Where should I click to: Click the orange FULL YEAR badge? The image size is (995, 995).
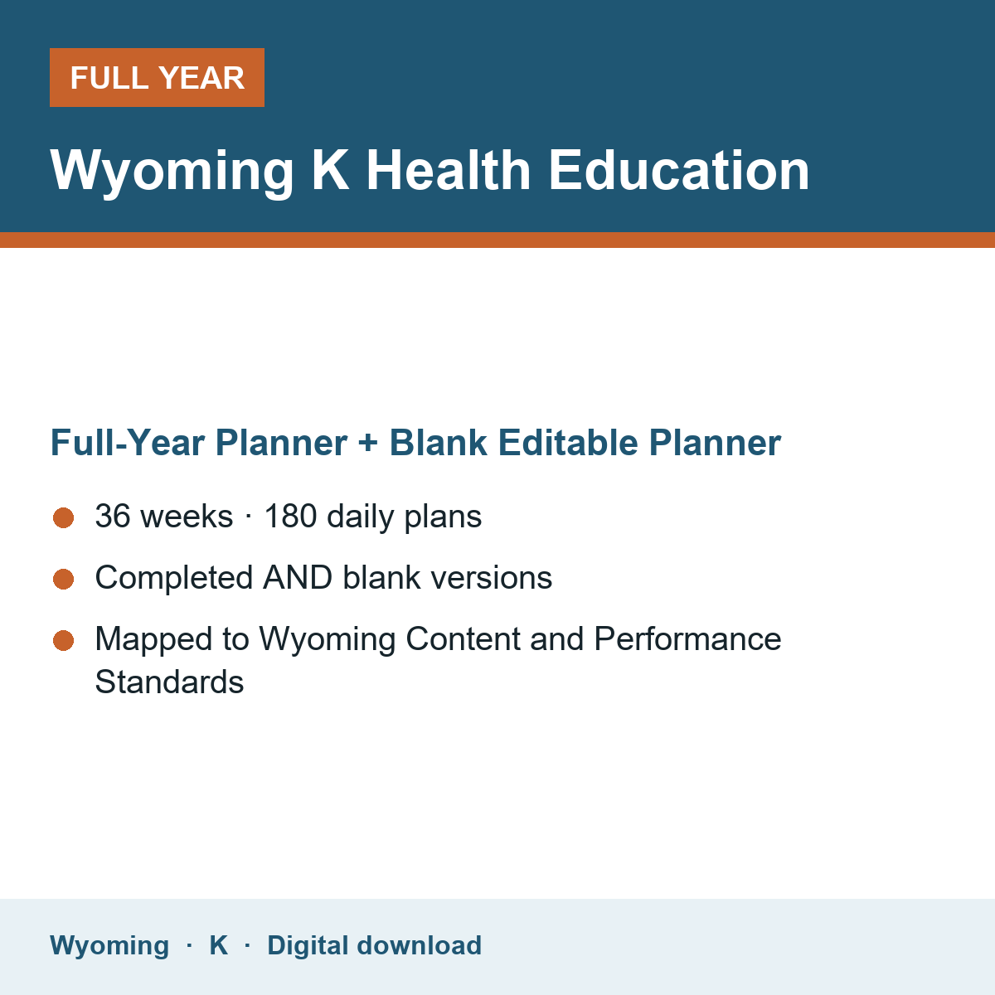pyautogui.click(x=157, y=77)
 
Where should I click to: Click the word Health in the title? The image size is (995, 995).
pyautogui.click(x=449, y=171)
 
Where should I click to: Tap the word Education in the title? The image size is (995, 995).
pyautogui.click(x=678, y=171)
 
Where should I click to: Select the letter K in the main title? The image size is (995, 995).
pyautogui.click(x=330, y=171)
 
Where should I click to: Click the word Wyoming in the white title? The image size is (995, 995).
pyautogui.click(x=172, y=172)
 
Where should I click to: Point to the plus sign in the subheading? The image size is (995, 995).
pyautogui.click(x=368, y=444)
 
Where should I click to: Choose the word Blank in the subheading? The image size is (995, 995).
pyautogui.click(x=438, y=443)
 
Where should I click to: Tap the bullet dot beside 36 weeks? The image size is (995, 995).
pyautogui.click(x=64, y=518)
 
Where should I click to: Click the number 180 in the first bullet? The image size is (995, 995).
pyautogui.click(x=290, y=516)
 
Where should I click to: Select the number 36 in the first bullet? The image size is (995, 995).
pyautogui.click(x=113, y=516)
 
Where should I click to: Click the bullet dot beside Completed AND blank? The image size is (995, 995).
pyautogui.click(x=64, y=579)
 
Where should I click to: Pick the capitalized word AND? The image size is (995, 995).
pyautogui.click(x=298, y=577)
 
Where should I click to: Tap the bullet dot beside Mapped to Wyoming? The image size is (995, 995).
pyautogui.click(x=64, y=641)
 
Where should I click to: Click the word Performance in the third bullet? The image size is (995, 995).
pyautogui.click(x=687, y=638)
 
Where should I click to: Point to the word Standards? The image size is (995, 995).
pyautogui.click(x=169, y=682)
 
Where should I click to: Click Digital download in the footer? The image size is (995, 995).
pyautogui.click(x=374, y=945)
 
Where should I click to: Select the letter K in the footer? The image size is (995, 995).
pyautogui.click(x=218, y=945)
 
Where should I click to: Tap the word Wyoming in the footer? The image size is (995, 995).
pyautogui.click(x=109, y=946)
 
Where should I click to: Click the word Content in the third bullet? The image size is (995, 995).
pyautogui.click(x=463, y=638)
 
